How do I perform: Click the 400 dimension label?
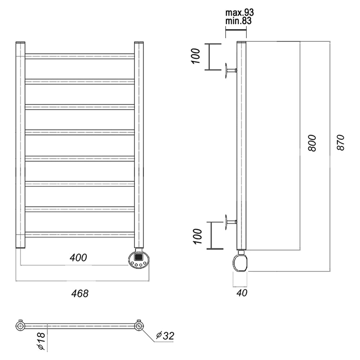78,258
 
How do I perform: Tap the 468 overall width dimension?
80,293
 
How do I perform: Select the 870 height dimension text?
341,143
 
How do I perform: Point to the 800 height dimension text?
312,143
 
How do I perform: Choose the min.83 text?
238,21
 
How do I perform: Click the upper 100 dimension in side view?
196,56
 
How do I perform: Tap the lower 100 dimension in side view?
197,236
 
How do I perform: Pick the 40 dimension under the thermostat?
242,293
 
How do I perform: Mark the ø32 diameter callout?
165,336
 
